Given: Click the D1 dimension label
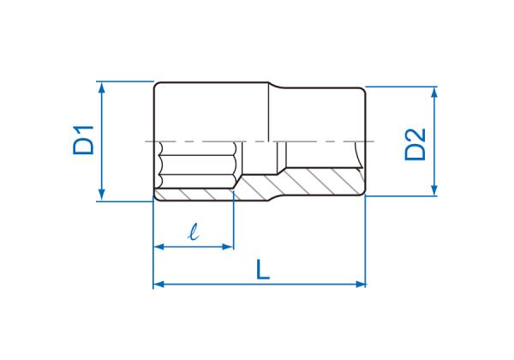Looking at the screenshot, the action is [x=83, y=140].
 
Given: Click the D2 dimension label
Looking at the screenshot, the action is [x=415, y=144].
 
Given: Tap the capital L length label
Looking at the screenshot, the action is [x=263, y=269].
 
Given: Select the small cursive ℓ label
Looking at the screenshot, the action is [x=194, y=231].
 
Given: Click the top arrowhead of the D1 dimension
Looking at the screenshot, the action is [x=102, y=87].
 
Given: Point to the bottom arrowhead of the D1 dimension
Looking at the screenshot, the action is [x=102, y=195].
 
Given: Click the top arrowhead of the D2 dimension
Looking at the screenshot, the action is [x=434, y=93].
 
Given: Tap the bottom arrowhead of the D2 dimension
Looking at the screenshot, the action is [x=434, y=189].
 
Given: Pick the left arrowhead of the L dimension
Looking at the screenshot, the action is [x=159, y=285].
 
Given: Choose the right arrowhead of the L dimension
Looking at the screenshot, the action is [x=360, y=285].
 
